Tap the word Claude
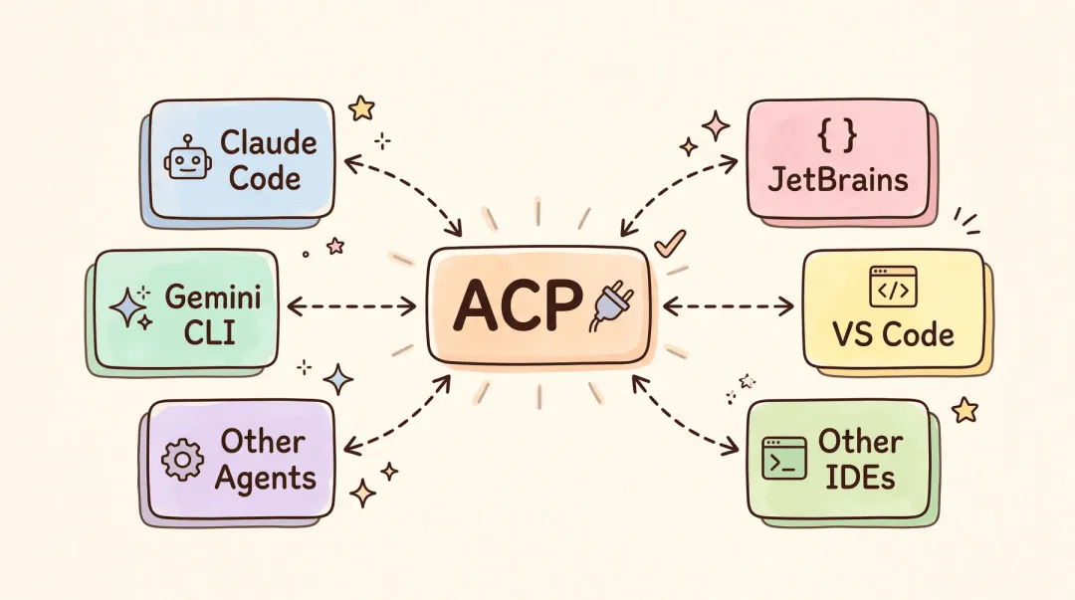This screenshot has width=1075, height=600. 268,142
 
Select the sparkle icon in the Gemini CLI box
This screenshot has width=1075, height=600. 131,306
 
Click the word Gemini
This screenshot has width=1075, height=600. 213,298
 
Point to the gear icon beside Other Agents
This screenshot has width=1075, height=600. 182,459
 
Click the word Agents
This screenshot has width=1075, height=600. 266,479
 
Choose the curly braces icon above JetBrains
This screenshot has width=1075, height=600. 837,134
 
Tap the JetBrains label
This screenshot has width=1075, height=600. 838,180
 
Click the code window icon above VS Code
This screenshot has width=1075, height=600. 893,287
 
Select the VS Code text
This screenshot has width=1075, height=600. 893,334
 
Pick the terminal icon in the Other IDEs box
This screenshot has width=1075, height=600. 784,458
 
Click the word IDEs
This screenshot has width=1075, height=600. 860,477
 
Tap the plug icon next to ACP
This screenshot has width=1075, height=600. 612,308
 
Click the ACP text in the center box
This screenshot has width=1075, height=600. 518,305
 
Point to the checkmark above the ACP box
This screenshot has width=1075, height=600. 669,243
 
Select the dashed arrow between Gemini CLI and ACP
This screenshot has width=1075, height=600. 351,306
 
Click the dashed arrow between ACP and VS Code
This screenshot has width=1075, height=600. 728,306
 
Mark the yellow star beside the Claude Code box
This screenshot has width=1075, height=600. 361,107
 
